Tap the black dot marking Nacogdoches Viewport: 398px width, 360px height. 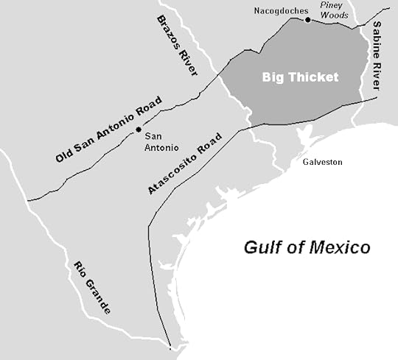point(307,20)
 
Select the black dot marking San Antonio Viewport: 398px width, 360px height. point(138,130)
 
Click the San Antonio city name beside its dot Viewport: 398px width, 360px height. point(159,141)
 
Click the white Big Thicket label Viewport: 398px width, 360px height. point(300,77)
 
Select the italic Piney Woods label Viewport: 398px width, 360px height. point(332,8)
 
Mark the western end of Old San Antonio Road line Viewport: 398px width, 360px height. point(28,199)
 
